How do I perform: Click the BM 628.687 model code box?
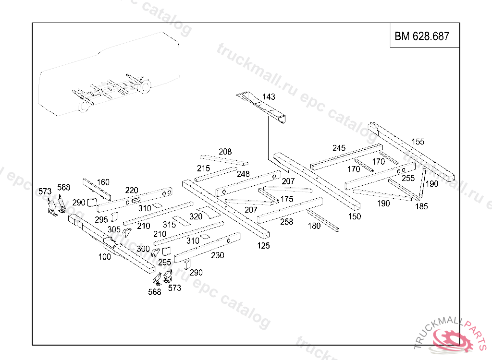coord(422,36)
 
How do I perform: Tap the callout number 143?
coord(269,97)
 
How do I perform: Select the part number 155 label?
coord(418,142)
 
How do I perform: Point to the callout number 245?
coord(339,148)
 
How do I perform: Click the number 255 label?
coord(408,178)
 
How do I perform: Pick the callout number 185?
coord(421,206)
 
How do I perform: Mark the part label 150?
coord(355,216)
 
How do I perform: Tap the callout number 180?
coord(314,226)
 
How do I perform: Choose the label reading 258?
coord(286,222)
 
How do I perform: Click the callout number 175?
coord(287,199)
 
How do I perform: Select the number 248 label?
coord(243,174)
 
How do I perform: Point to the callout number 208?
coord(225,152)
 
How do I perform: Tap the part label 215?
coord(203,168)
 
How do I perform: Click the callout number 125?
coord(263,245)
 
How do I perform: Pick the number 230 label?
coord(218,255)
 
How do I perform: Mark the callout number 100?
coord(104,257)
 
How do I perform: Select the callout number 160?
coord(103,182)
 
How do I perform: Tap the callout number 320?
coord(196,216)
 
